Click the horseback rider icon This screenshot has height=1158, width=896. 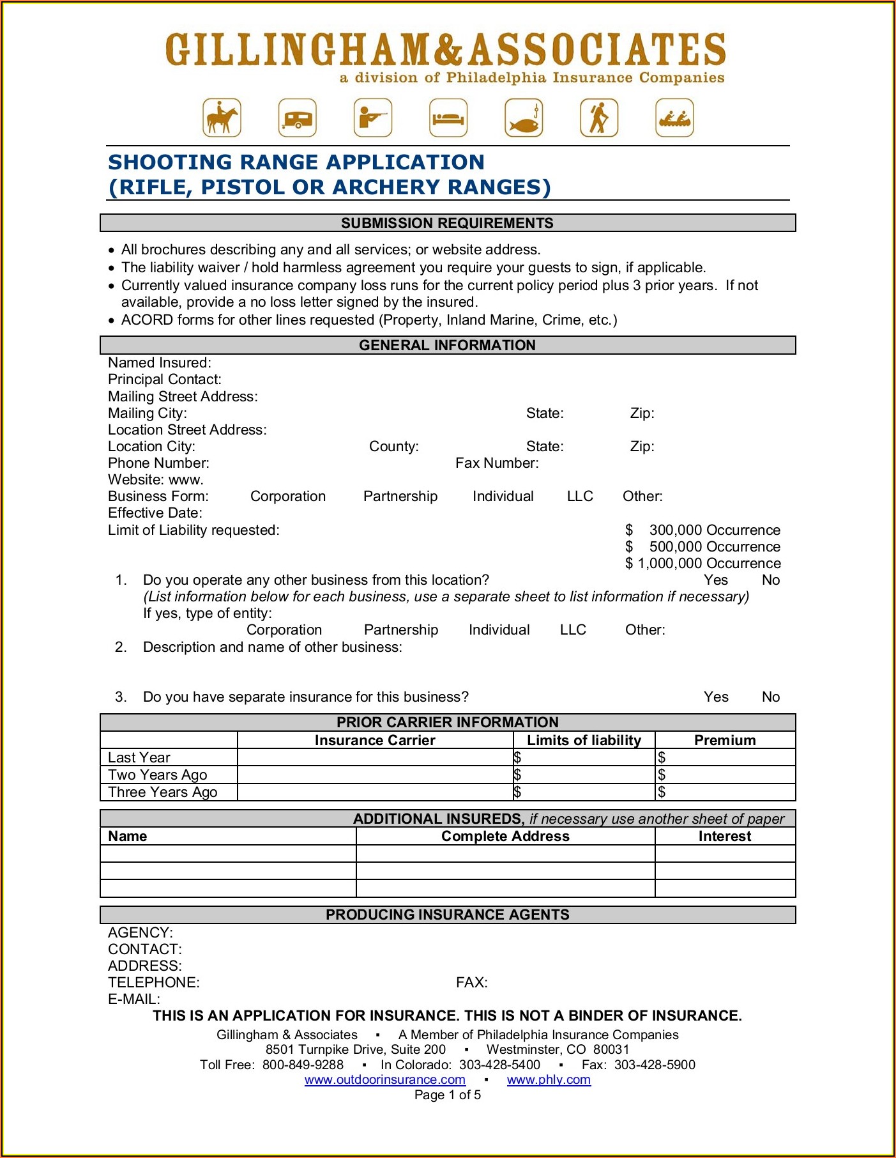222,118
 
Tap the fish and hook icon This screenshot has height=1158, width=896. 524,118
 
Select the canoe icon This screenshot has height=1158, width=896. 674,118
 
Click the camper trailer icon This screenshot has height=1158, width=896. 298,118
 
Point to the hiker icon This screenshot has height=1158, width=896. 599,118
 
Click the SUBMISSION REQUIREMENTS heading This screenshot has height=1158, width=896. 447,223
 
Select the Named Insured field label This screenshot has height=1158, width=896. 159,363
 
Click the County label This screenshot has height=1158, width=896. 393,447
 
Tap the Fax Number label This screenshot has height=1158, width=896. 497,463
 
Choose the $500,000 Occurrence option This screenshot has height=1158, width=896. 702,547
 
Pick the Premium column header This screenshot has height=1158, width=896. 725,741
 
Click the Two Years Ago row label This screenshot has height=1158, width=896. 157,775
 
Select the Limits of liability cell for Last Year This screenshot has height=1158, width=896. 584,758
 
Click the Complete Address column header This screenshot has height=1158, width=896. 505,837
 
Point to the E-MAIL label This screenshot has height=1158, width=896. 134,1000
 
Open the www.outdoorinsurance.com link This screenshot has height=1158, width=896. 384,1080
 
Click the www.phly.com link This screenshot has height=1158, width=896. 549,1080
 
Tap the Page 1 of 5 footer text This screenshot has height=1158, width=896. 447,1095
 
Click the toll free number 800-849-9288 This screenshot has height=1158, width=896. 303,1065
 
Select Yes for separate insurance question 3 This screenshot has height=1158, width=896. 716,697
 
